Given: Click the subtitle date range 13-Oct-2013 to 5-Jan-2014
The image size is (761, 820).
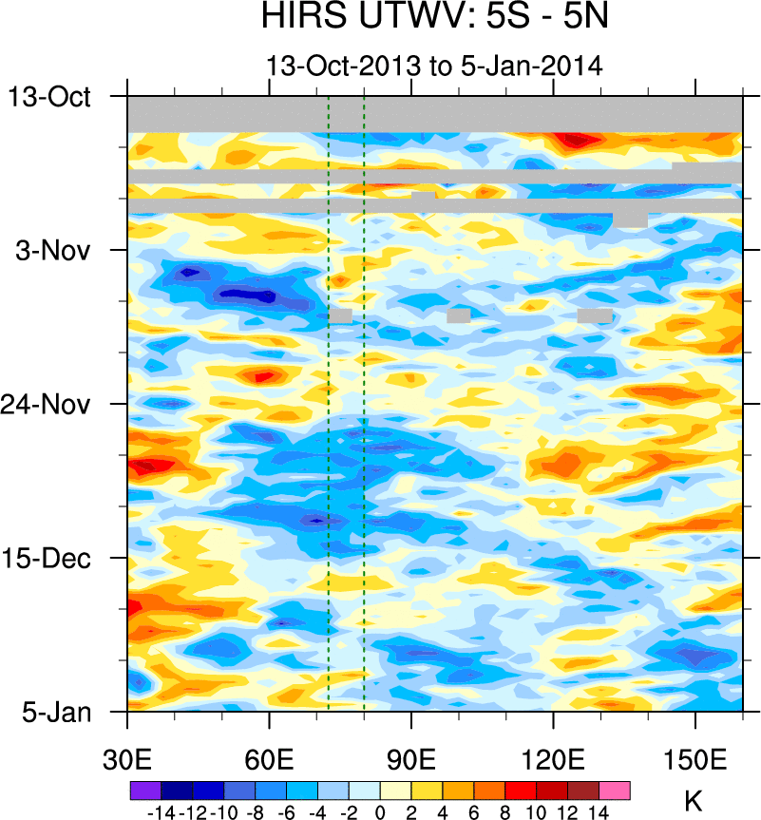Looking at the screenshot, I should (x=435, y=66).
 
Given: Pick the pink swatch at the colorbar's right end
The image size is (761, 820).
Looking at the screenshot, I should (x=615, y=790).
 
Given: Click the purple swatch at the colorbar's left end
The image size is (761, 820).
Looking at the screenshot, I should (x=144, y=790).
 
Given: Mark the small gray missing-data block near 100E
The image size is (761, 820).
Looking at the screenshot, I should (x=459, y=315).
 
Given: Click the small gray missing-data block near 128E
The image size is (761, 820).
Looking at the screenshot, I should (x=595, y=315).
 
